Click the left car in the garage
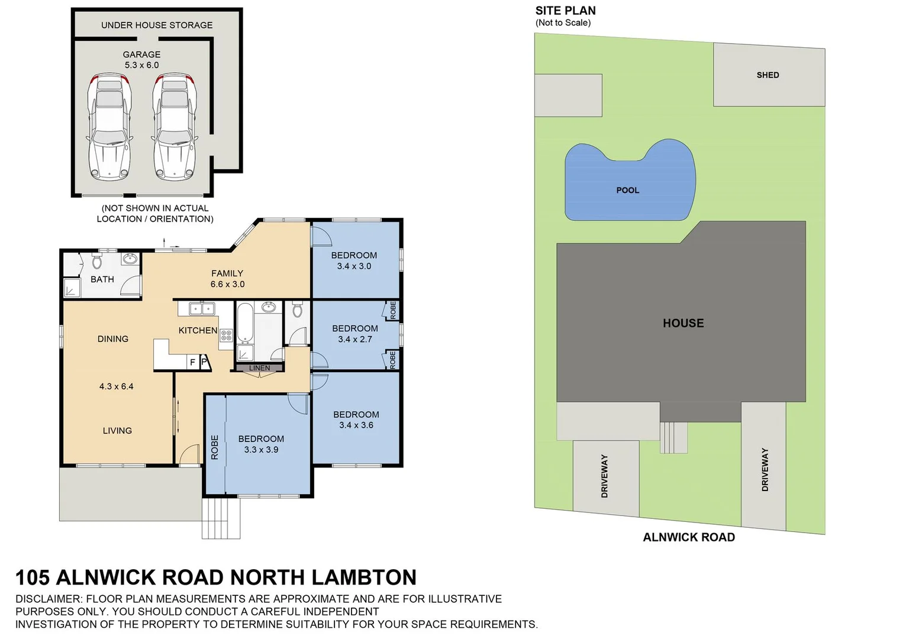pyautogui.click(x=109, y=127)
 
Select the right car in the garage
pyautogui.click(x=174, y=127)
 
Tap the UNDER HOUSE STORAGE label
pyautogui.click(x=157, y=25)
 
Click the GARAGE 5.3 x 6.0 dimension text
pyautogui.click(x=141, y=65)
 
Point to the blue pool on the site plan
pyautogui.click(x=628, y=183)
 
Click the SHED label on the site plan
pyautogui.click(x=768, y=75)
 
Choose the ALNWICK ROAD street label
pyautogui.click(x=689, y=537)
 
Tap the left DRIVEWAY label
pyautogui.click(x=604, y=476)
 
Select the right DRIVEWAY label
pyautogui.click(x=765, y=469)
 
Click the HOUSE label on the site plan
pyautogui.click(x=683, y=323)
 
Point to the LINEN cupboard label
pyautogui.click(x=259, y=368)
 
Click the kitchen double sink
pyautogui.click(x=202, y=308)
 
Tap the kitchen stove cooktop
pyautogui.click(x=226, y=335)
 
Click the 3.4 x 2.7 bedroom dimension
pyautogui.click(x=355, y=339)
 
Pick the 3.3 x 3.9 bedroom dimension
pyautogui.click(x=261, y=450)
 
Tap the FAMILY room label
pyautogui.click(x=227, y=273)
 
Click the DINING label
pyautogui.click(x=112, y=339)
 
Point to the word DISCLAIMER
pyautogui.click(x=48, y=599)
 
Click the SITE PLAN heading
pyautogui.click(x=565, y=11)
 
